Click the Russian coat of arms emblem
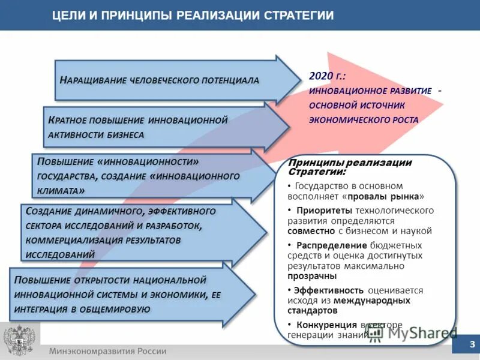coord(19,341)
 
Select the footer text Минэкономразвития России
coord(108,351)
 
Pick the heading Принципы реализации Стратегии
coord(350,167)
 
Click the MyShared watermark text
coord(419,332)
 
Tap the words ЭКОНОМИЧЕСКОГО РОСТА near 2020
coord(364,119)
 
